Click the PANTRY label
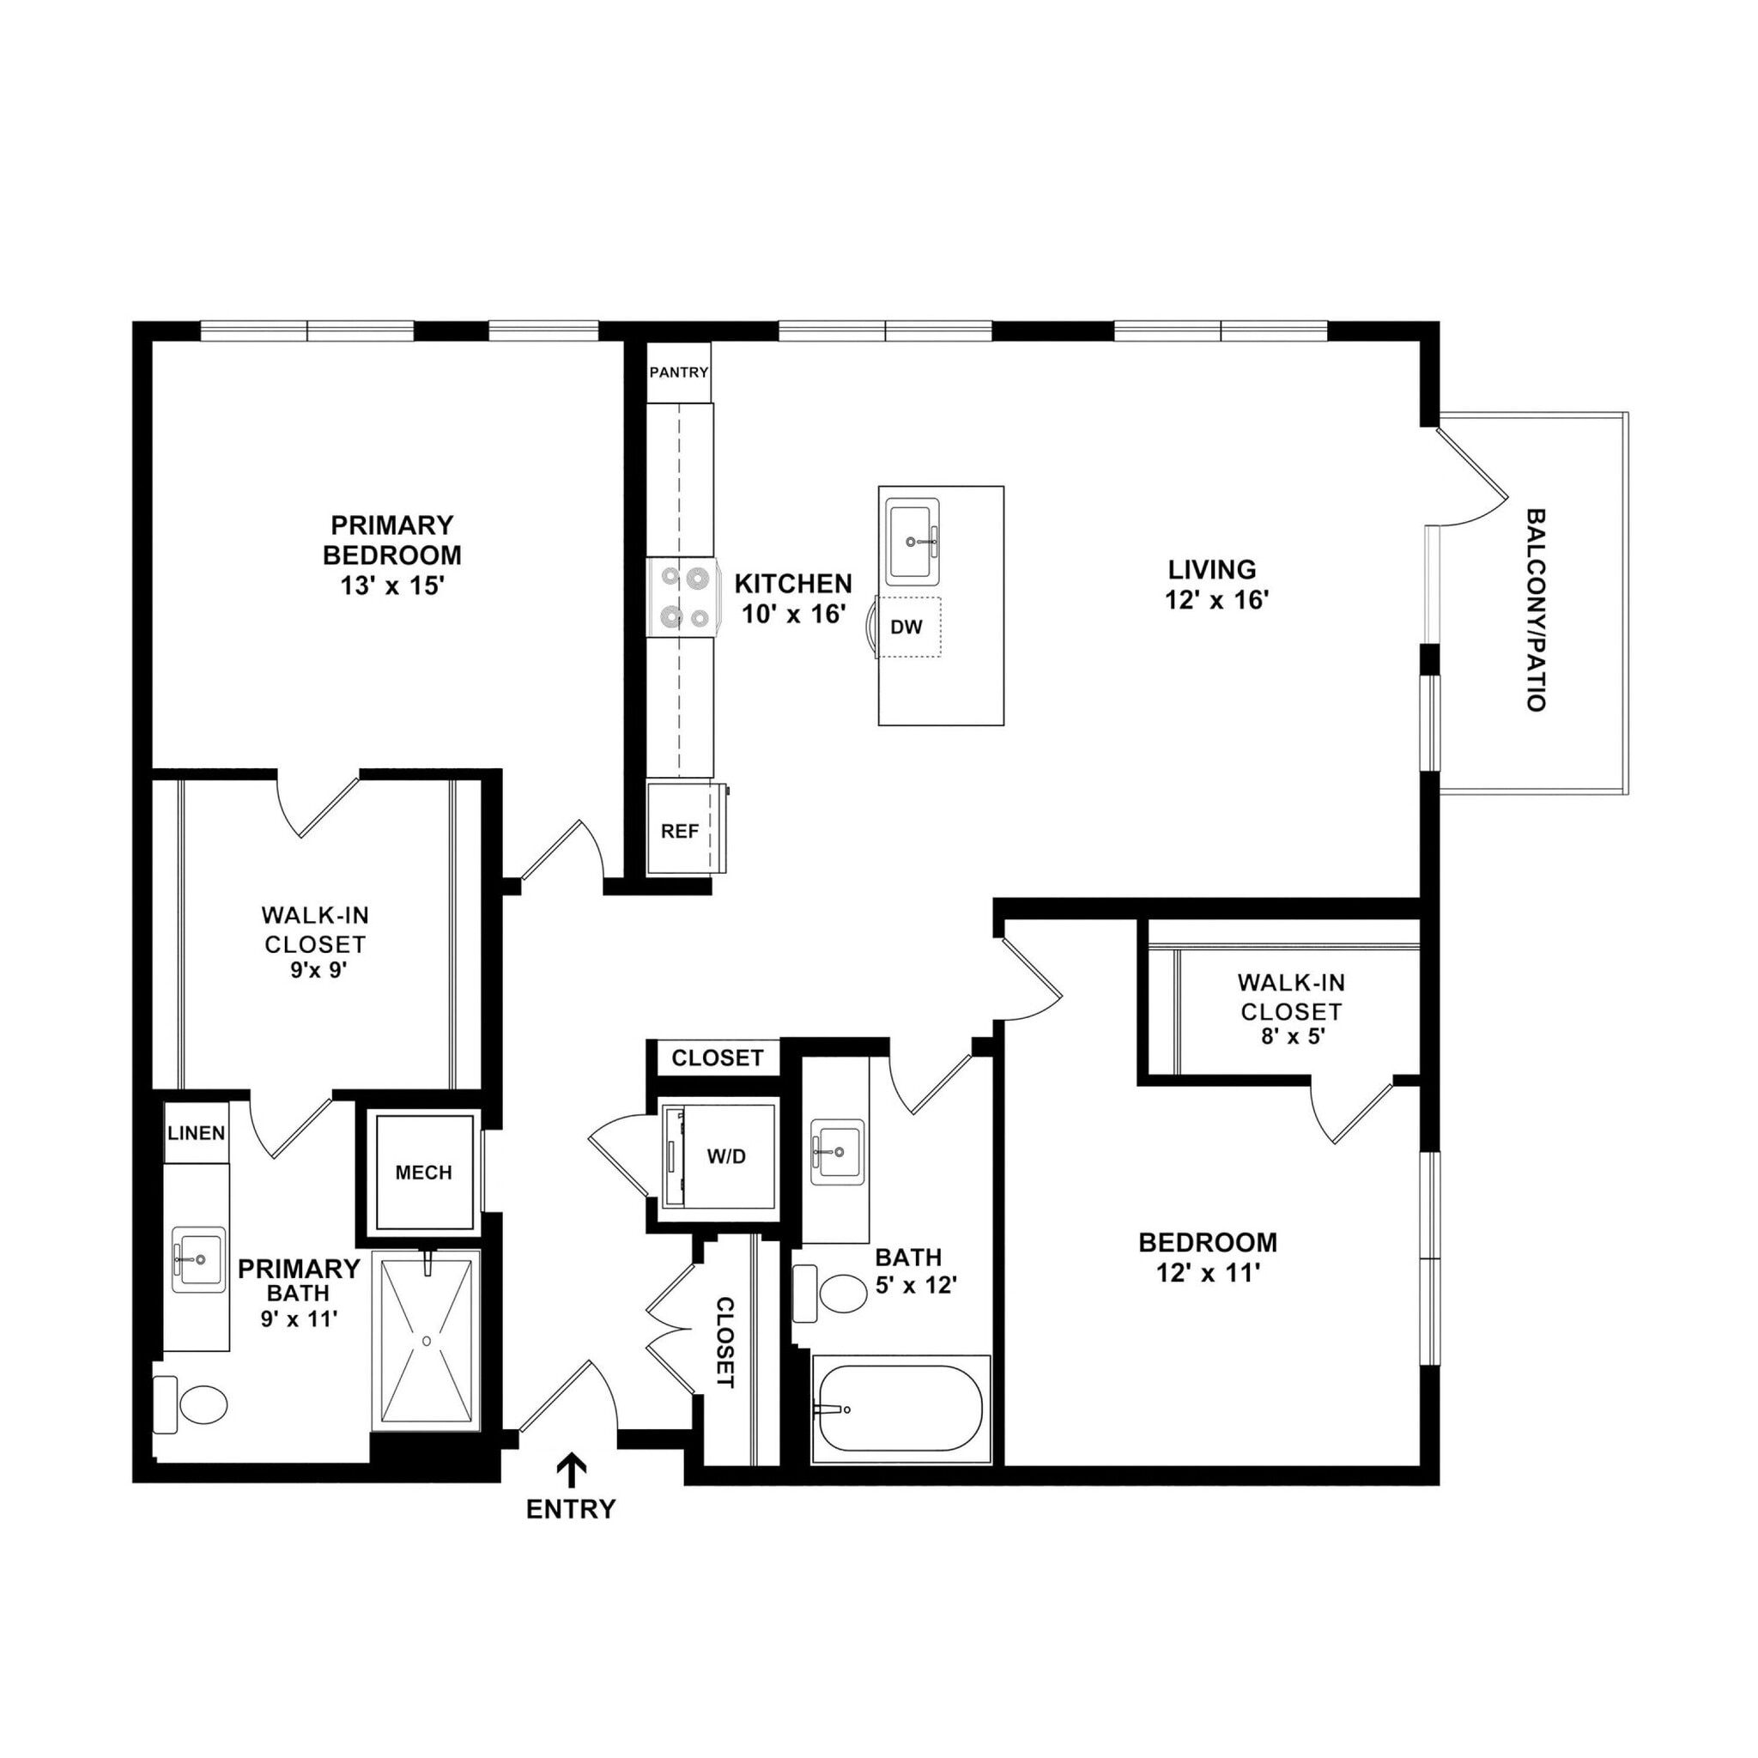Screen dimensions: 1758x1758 click(678, 373)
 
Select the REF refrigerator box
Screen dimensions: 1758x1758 click(680, 831)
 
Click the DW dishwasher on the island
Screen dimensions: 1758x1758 click(906, 627)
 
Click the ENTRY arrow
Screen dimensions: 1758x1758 click(571, 1470)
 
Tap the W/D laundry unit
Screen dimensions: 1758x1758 click(725, 1156)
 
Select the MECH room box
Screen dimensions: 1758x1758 click(424, 1173)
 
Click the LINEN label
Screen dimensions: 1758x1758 click(197, 1133)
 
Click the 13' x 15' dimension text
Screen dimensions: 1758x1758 click(391, 585)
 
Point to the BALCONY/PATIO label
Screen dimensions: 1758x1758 click(1535, 609)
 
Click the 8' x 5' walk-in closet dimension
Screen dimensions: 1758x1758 click(1292, 1035)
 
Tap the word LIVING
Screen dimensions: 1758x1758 click(1212, 570)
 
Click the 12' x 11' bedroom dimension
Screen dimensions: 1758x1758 click(1208, 1273)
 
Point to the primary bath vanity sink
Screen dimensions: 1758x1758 click(198, 1259)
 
